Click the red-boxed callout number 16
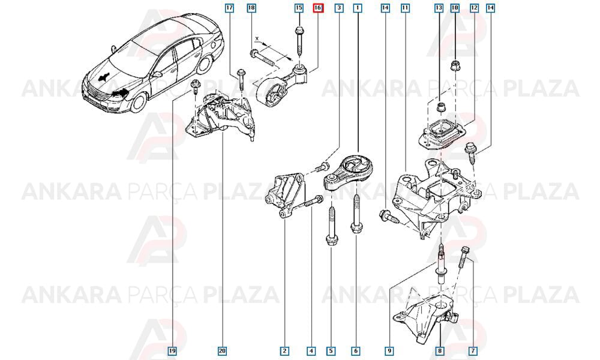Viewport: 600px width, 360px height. pos(318,8)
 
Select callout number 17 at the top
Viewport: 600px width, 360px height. pos(230,8)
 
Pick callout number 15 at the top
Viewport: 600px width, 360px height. pos(299,8)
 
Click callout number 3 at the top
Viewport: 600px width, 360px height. pos(338,8)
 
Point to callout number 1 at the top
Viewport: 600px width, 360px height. pos(358,8)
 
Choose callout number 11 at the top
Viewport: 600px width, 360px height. pos(405,8)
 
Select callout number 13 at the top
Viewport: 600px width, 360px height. pos(439,8)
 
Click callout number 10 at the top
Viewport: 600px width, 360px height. pos(455,8)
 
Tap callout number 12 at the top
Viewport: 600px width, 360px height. pos(474,8)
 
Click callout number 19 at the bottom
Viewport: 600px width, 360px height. pos(173,351)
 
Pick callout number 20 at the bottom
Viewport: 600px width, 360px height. pos(223,351)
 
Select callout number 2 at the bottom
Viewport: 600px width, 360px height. pos(284,351)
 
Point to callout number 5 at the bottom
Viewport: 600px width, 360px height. pos(331,351)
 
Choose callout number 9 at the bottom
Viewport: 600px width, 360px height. pos(389,351)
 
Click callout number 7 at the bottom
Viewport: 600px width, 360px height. pos(473,351)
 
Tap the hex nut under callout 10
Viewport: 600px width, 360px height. pos(455,66)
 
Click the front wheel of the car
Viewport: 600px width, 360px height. pos(139,102)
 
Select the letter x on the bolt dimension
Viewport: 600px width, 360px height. pos(257,38)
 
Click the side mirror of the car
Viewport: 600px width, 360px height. pos(157,74)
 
